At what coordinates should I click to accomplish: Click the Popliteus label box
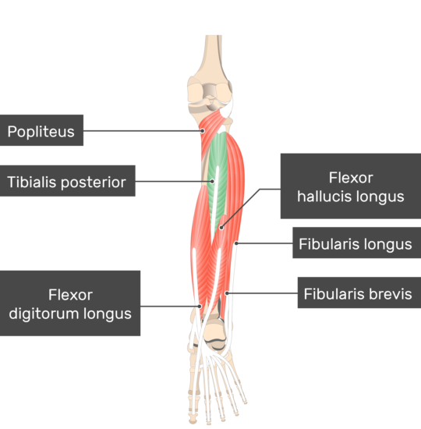pyautogui.click(x=41, y=130)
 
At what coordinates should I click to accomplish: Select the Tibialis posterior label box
pyautogui.click(x=68, y=181)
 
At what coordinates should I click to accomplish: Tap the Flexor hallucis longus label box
pyautogui.click(x=351, y=186)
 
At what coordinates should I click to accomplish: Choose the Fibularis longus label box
pyautogui.click(x=357, y=243)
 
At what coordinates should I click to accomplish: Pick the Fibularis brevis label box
pyautogui.click(x=359, y=292)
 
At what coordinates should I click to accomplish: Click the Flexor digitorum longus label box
pyautogui.click(x=70, y=303)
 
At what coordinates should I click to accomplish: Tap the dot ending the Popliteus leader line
pyautogui.click(x=203, y=131)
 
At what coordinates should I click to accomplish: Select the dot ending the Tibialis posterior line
pyautogui.click(x=212, y=181)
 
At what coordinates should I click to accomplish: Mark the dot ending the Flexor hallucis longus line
pyautogui.click(x=221, y=228)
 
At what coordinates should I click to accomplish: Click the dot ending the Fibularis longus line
pyautogui.click(x=236, y=243)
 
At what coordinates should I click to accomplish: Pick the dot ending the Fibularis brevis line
pyautogui.click(x=227, y=293)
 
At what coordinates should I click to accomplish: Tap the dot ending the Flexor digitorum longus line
pyautogui.click(x=200, y=307)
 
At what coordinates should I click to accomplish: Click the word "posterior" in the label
pyautogui.click(x=94, y=183)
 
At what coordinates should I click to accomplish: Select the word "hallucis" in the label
pyautogui.click(x=317, y=197)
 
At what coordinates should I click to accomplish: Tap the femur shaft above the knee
pyautogui.click(x=214, y=52)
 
